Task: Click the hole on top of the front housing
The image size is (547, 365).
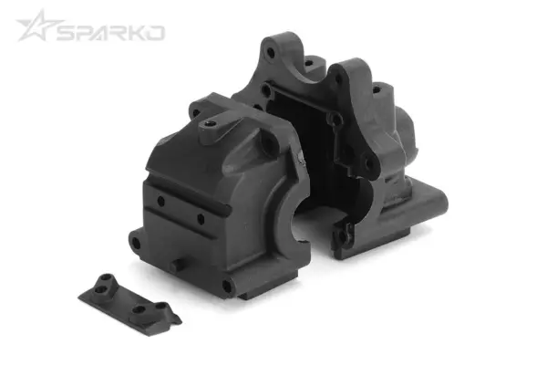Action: pyautogui.click(x=210, y=121)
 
